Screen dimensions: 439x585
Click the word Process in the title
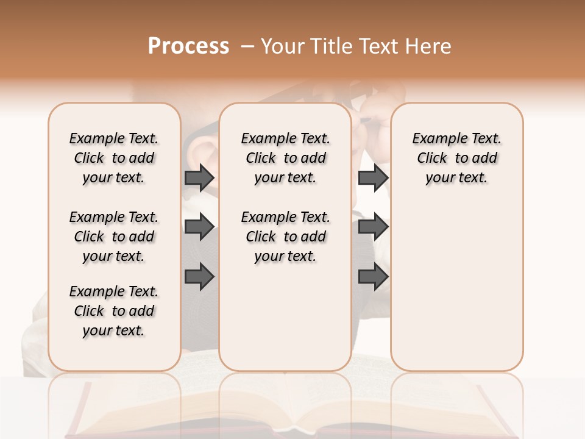(x=188, y=46)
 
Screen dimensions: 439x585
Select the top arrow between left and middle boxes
(x=199, y=177)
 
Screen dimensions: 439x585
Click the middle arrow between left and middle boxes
(x=199, y=227)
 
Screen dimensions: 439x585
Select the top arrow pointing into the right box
(x=373, y=177)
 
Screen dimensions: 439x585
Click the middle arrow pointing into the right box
(x=373, y=227)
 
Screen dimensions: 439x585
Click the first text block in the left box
(x=114, y=158)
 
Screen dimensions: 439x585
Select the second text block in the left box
(x=114, y=237)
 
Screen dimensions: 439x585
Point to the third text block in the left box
(x=114, y=311)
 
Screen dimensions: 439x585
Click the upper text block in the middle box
(x=285, y=158)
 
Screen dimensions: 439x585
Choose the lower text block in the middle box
(x=285, y=237)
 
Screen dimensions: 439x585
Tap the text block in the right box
(x=456, y=158)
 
